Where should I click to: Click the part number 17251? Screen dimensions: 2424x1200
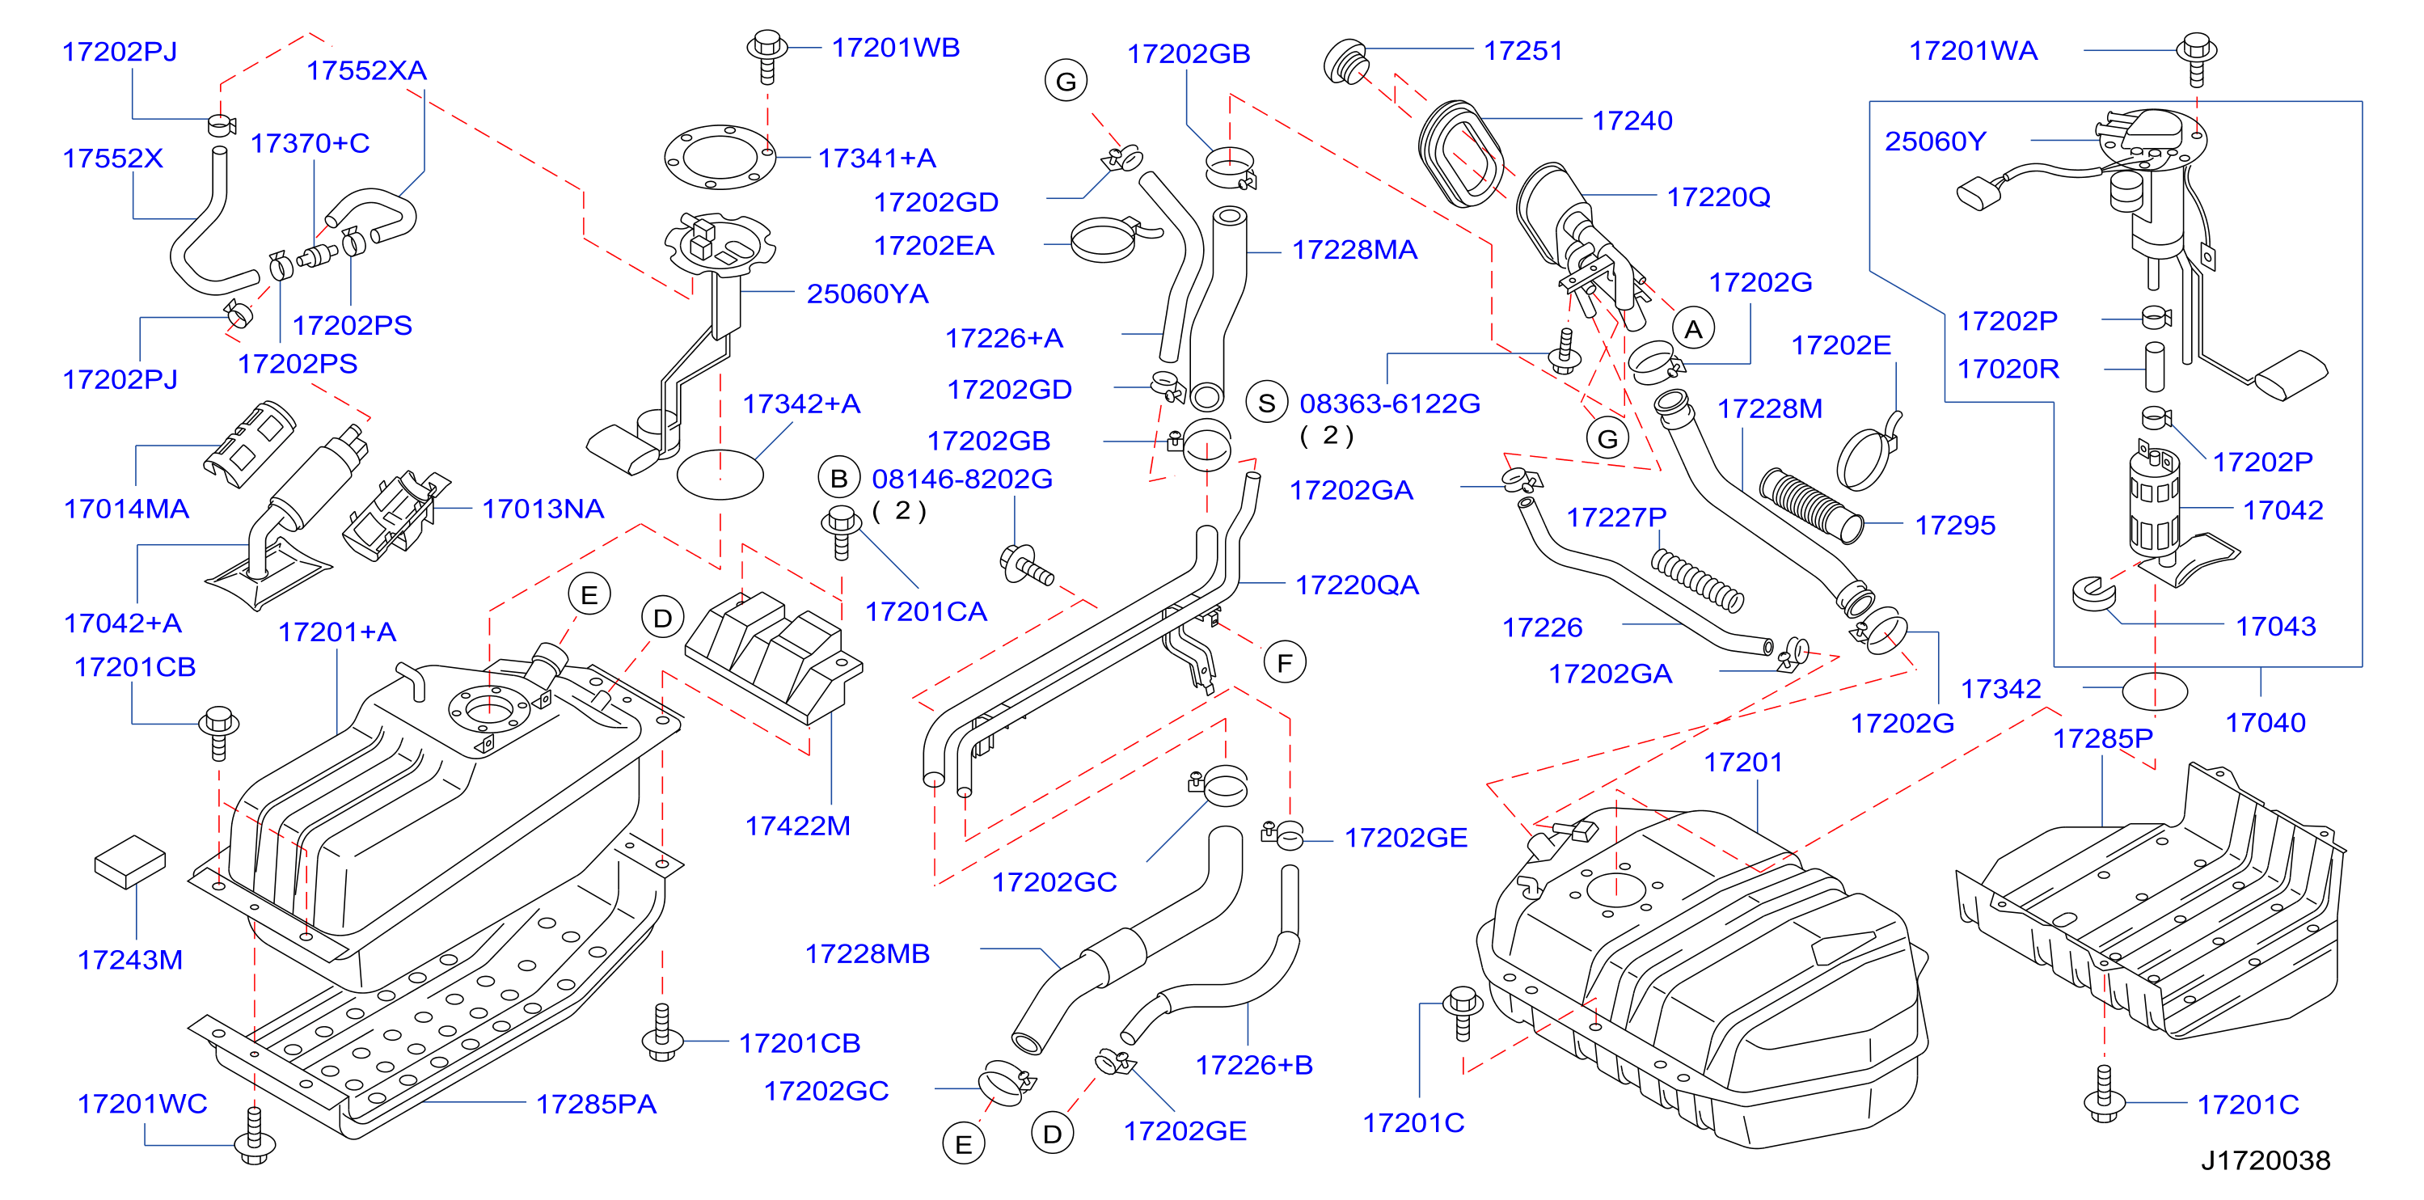(1522, 51)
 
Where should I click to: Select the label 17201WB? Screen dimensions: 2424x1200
(895, 48)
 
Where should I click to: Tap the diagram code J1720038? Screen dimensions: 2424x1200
(2265, 1160)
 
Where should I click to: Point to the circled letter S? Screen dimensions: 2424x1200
(1267, 403)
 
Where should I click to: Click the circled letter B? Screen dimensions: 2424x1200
(839, 478)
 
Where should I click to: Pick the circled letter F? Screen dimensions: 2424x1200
(1285, 664)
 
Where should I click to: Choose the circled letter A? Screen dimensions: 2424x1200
(1694, 329)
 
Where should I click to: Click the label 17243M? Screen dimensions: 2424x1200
(130, 960)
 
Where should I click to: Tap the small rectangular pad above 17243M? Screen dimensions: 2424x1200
(130, 861)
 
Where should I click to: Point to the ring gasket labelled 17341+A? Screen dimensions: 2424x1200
(720, 156)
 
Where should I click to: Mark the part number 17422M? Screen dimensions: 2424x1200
(797, 826)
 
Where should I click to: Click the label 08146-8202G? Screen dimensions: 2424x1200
(961, 479)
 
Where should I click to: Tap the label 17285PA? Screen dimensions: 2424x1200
(596, 1104)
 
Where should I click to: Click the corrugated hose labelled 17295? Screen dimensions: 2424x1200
(1811, 505)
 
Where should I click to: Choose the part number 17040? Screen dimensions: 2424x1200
(2265, 723)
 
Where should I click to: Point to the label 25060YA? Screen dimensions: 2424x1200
(867, 294)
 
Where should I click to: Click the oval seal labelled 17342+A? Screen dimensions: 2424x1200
(720, 473)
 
